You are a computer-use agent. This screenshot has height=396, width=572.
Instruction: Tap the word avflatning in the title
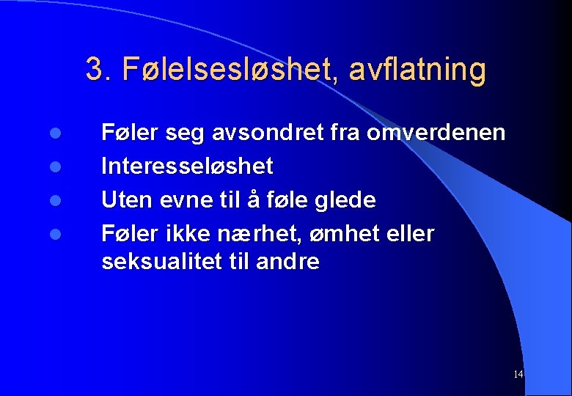(x=418, y=70)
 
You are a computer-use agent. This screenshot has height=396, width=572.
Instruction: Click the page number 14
(x=518, y=375)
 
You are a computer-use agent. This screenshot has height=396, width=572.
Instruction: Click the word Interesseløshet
(x=187, y=166)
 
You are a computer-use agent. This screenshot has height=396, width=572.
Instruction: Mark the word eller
(x=406, y=234)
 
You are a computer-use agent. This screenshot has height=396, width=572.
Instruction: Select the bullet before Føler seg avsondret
(x=54, y=134)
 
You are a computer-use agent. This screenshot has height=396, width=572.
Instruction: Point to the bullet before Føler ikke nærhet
(x=54, y=235)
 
